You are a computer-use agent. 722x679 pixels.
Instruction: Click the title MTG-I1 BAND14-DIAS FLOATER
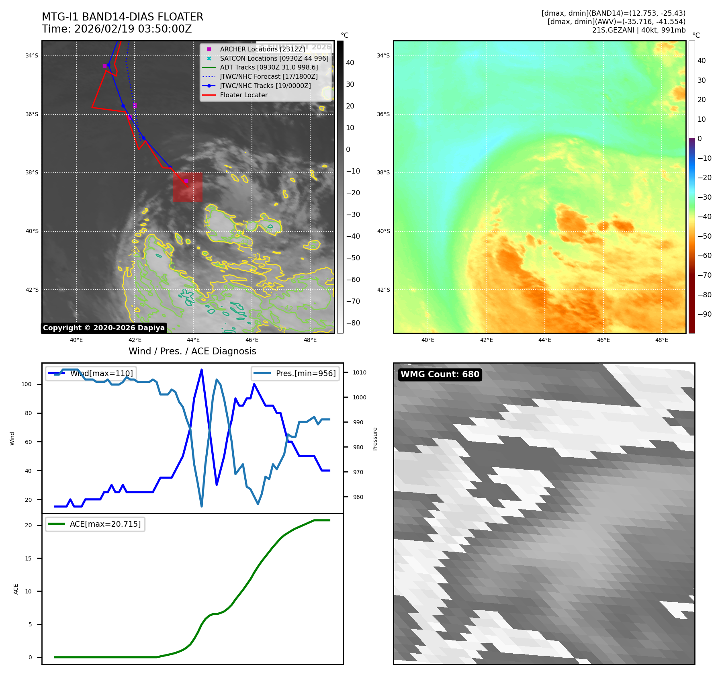pos(123,17)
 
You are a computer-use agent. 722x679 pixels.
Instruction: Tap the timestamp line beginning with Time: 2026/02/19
pos(117,29)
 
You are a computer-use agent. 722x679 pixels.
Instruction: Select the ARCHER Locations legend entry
pos(262,49)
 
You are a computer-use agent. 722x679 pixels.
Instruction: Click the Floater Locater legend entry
pos(243,95)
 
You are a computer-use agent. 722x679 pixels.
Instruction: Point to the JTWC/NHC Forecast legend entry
pos(268,77)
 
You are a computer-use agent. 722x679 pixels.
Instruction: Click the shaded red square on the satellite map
pos(188,187)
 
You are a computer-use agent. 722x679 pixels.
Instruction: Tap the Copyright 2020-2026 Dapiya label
pos(104,328)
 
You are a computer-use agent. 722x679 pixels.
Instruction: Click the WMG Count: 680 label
pos(440,374)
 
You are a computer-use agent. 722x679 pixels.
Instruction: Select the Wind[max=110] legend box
pos(91,373)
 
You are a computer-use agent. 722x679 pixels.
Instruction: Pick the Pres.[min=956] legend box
pos(295,373)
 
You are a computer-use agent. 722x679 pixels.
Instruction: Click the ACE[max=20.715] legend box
pos(95,524)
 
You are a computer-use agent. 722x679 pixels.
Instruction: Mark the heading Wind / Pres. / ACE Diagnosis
pos(192,351)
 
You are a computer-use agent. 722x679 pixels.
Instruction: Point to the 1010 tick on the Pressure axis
pos(360,372)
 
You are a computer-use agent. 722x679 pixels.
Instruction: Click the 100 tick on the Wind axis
pos(27,384)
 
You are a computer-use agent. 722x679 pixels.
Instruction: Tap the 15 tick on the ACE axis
pos(28,558)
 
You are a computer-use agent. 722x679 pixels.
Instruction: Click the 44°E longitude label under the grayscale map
pos(193,340)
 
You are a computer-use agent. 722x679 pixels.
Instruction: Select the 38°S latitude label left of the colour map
pos(383,173)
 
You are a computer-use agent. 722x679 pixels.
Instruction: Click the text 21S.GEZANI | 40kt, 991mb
pos(638,30)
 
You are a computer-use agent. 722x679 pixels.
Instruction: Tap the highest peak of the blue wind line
pos(201,369)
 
